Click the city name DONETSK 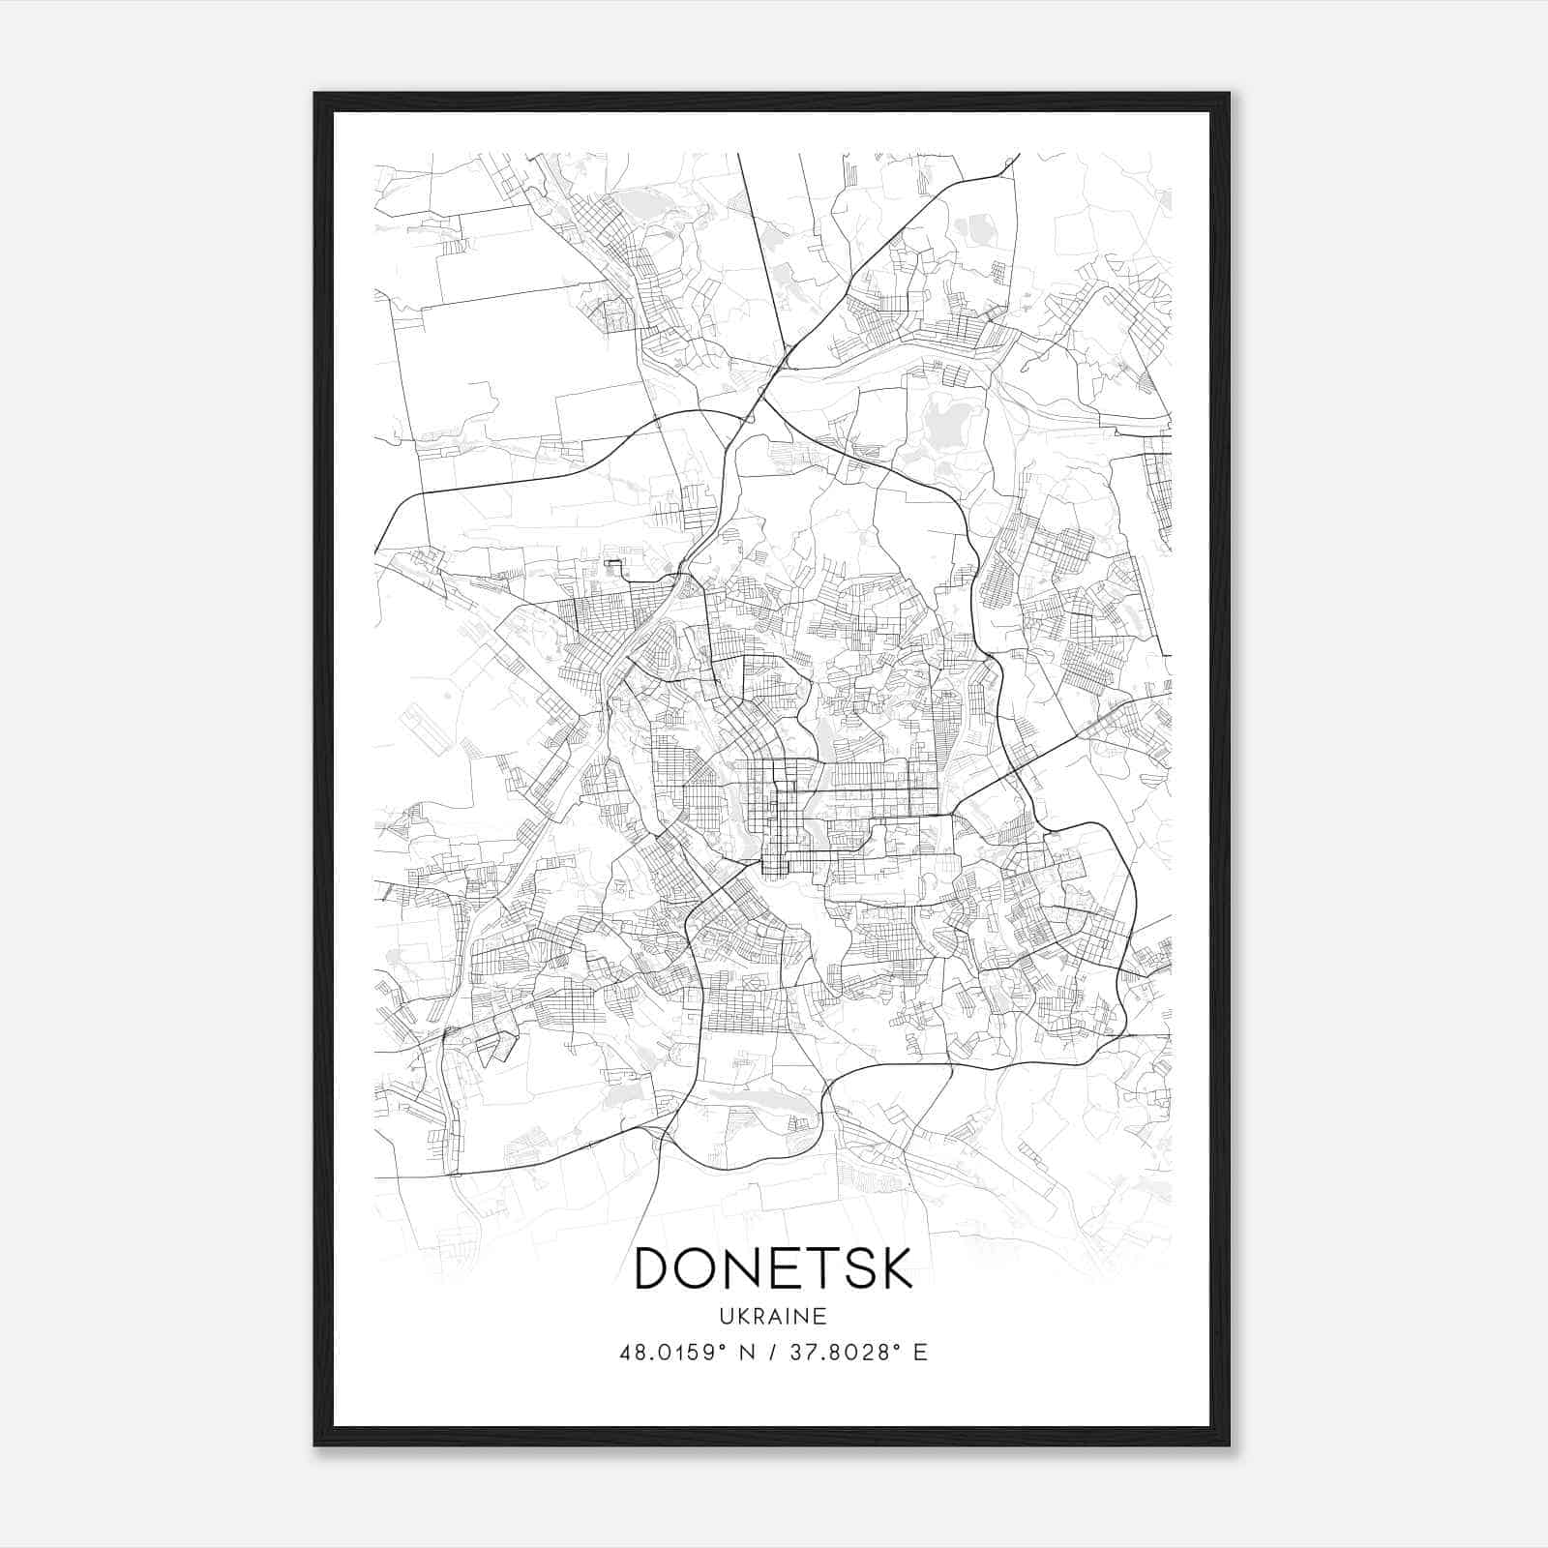tap(773, 1267)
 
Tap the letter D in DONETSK tap(657, 1267)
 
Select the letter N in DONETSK tap(756, 1267)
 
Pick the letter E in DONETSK tap(796, 1267)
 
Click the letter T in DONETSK tap(831, 1267)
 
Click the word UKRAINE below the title tap(773, 1317)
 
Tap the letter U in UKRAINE tap(726, 1317)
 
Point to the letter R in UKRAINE tap(759, 1317)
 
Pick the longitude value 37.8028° tap(841, 1353)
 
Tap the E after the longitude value tap(920, 1353)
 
